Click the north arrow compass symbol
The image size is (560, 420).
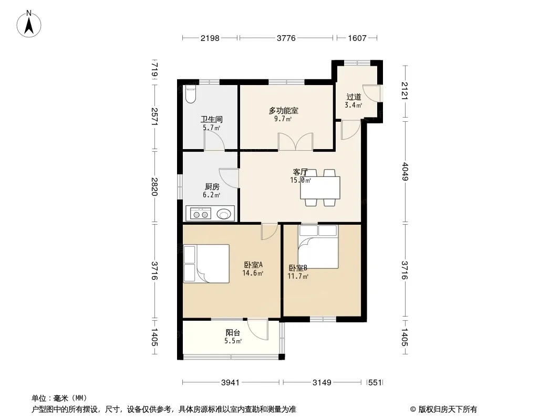tap(29, 24)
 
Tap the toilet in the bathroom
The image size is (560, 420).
tap(191, 94)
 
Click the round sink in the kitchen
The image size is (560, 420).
tap(224, 214)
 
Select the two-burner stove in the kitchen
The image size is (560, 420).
tap(200, 214)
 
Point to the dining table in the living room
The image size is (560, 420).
tap(320, 188)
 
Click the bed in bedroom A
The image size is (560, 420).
tap(206, 264)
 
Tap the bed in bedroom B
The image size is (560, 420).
tap(318, 247)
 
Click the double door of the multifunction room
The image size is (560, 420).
tap(295, 142)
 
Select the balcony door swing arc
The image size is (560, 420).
tap(257, 329)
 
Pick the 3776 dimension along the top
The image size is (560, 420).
tap(286, 38)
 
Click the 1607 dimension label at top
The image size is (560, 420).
tap(357, 38)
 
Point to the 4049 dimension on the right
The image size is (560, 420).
tap(405, 172)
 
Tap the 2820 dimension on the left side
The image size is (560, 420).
tap(154, 186)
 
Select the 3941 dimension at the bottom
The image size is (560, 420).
tap(231, 383)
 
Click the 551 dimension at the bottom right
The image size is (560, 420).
tap(375, 383)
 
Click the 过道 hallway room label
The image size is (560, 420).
tap(354, 97)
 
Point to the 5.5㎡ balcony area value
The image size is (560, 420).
tap(233, 341)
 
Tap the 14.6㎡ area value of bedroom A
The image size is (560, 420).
tap(253, 274)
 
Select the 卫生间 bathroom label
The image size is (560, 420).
tap(211, 119)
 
